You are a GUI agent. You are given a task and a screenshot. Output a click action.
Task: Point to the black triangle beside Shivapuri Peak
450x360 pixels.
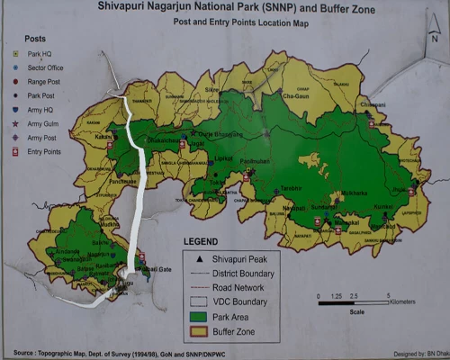[x=200, y=258]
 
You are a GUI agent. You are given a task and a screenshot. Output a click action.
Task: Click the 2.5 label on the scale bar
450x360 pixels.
[x=353, y=294]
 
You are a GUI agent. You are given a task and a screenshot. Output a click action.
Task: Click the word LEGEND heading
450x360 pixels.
[x=205, y=241]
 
